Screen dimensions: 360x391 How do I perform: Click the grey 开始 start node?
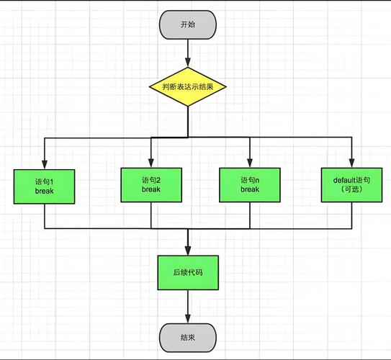click(188, 24)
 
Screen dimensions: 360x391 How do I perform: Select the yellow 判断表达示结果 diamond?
click(188, 87)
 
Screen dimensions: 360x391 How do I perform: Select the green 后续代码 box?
click(187, 273)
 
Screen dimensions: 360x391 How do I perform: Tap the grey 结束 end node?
click(188, 336)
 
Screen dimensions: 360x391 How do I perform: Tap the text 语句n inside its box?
click(249, 179)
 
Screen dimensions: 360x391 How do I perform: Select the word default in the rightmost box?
click(343, 179)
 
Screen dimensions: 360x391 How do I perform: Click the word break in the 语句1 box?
click(45, 192)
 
